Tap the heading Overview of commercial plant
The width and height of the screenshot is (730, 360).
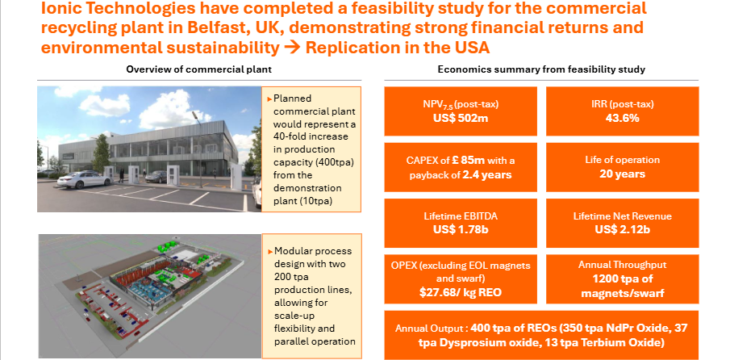198,69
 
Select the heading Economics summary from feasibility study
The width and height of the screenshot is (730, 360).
540,69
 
